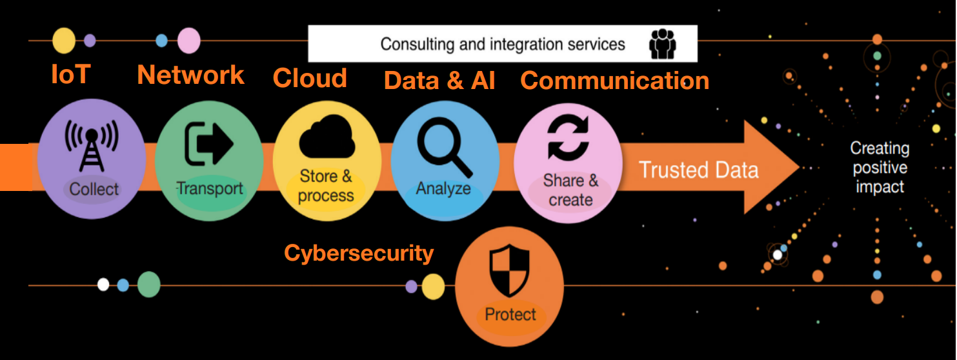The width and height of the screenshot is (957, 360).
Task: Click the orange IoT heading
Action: point(70,75)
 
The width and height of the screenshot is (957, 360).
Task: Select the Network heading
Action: point(191,75)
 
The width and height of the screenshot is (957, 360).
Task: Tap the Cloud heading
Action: point(310,78)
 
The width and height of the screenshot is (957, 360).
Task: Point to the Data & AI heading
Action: point(439,81)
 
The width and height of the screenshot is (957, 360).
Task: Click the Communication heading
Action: point(614,81)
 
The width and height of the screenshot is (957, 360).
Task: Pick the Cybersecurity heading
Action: point(359,254)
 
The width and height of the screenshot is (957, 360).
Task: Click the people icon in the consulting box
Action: point(663,44)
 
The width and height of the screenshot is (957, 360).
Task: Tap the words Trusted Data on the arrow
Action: point(698,170)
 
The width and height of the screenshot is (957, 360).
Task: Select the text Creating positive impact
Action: point(880,168)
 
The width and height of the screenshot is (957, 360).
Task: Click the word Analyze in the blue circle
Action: point(443,189)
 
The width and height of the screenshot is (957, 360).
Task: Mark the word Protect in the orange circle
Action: point(510,315)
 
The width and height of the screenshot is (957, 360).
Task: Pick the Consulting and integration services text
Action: point(503,44)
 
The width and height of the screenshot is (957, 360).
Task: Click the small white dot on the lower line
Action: point(103,285)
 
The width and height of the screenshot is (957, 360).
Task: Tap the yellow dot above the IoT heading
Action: point(64,41)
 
